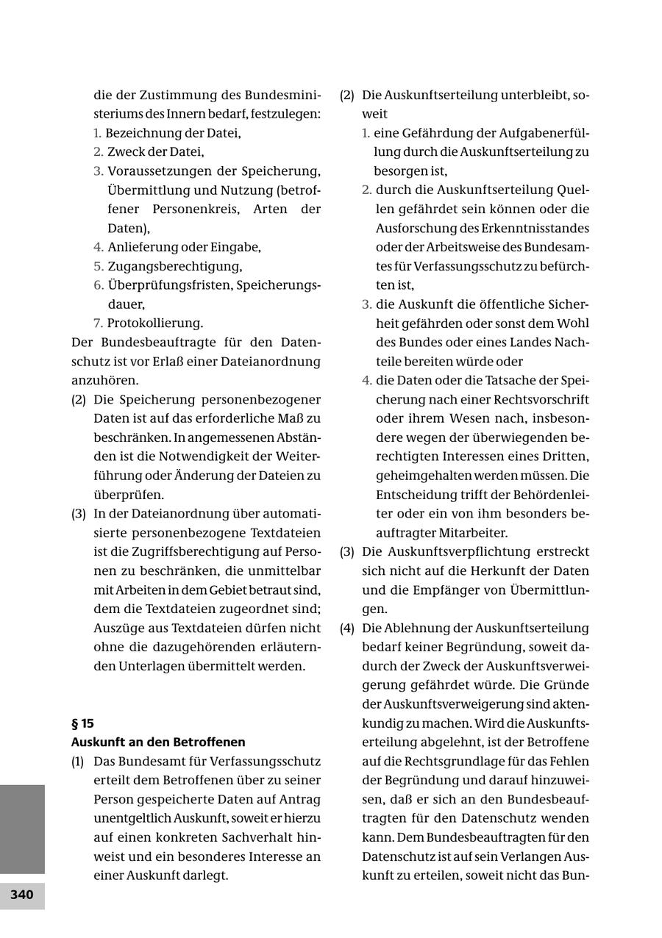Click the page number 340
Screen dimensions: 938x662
point(22,895)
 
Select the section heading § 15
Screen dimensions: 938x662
point(82,723)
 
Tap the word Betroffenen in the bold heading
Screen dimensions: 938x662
point(209,742)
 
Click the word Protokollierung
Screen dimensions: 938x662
point(154,323)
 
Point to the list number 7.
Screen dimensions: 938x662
point(98,323)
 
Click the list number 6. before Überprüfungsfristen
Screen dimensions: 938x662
point(98,285)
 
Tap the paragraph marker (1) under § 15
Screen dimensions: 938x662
point(78,762)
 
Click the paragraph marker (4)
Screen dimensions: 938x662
point(346,628)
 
